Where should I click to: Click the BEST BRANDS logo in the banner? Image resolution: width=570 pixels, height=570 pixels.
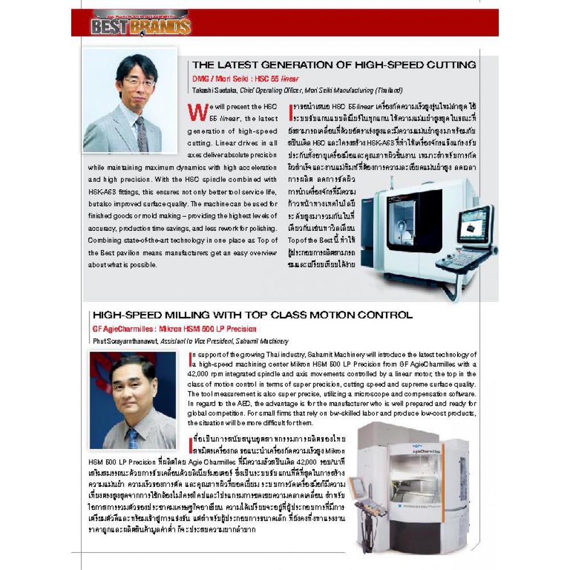(x=140, y=25)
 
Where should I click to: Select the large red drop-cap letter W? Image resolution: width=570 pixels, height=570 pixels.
(x=197, y=112)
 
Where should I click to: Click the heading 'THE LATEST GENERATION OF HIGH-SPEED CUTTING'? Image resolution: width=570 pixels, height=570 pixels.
(x=334, y=65)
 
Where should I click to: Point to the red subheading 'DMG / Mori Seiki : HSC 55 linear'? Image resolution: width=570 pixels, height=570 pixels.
(x=246, y=79)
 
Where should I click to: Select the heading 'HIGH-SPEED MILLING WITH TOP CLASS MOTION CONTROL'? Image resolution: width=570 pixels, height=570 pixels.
(x=252, y=315)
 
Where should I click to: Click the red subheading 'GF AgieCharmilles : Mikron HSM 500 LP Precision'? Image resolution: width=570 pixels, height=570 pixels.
(x=174, y=329)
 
